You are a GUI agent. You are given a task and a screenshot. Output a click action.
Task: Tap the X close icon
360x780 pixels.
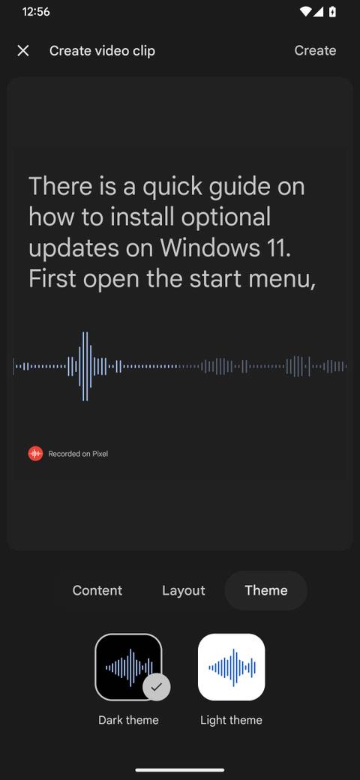coord(23,50)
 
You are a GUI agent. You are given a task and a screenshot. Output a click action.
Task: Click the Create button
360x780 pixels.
coord(315,50)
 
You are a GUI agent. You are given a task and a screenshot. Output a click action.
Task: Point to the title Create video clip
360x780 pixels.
coord(102,50)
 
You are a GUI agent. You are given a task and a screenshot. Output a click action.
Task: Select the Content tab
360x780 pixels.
coord(97,590)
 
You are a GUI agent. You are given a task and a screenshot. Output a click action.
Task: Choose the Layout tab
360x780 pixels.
coord(183,590)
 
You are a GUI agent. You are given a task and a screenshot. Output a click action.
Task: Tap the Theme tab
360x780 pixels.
coord(266,590)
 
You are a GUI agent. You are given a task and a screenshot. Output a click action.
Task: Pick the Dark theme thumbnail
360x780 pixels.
coord(128,667)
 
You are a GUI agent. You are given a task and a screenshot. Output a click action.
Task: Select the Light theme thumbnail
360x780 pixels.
coord(231,667)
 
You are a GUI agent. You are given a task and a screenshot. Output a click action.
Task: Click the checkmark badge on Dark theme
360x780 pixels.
coord(157,686)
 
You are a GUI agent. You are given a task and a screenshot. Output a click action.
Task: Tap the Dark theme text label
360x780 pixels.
coord(128,720)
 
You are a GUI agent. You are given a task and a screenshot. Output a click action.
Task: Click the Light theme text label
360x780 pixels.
coord(231,720)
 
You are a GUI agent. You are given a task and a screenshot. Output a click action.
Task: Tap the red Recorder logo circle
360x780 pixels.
coord(35,453)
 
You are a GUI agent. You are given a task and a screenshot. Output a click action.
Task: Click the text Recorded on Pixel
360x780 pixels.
coord(78,454)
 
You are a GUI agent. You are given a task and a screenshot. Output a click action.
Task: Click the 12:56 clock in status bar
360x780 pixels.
coord(36,12)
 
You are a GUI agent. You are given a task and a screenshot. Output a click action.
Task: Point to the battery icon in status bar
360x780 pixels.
coord(332,12)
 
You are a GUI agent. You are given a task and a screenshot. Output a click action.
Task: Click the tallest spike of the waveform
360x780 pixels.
coord(85,366)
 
